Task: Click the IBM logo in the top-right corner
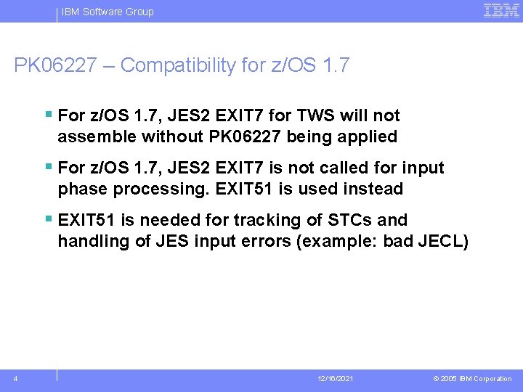click(501, 11)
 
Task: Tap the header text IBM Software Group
click(108, 12)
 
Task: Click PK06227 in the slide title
click(54, 65)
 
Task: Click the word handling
click(94, 241)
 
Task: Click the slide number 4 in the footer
click(16, 378)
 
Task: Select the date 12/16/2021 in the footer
click(336, 379)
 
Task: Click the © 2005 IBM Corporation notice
click(472, 379)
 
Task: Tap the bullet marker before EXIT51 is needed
click(48, 219)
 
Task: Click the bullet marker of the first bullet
click(48, 114)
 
